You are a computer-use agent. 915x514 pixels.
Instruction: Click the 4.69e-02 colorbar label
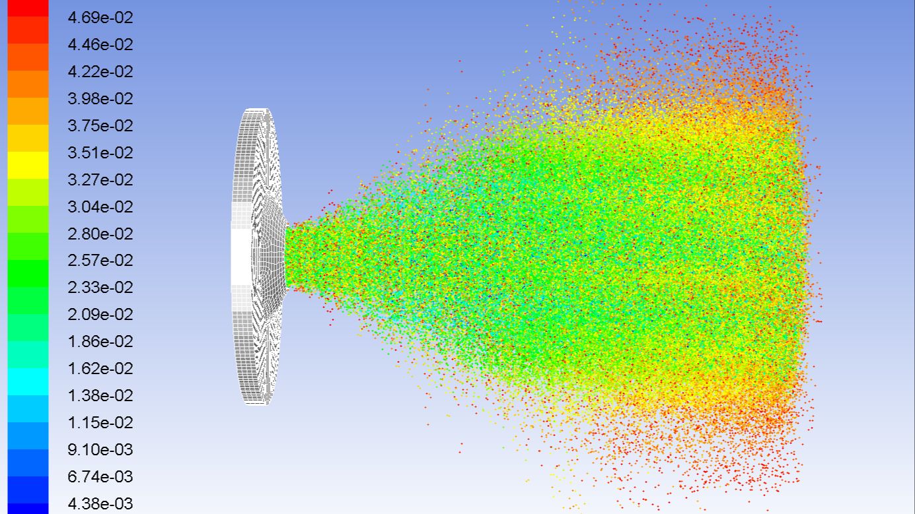[100, 18]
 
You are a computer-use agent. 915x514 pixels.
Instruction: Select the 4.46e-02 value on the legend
[100, 45]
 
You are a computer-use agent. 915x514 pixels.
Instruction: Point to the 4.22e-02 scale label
[100, 72]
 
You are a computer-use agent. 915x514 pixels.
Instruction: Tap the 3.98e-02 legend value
[100, 99]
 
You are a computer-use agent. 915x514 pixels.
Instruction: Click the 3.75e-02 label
[100, 125]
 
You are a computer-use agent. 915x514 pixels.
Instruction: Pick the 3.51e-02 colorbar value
[100, 153]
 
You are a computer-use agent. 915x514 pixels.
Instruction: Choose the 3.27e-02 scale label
[100, 180]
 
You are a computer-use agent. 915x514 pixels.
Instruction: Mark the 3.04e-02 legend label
[100, 207]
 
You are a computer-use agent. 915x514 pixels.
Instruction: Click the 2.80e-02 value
[100, 234]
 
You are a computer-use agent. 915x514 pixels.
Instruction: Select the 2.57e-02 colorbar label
[100, 261]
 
